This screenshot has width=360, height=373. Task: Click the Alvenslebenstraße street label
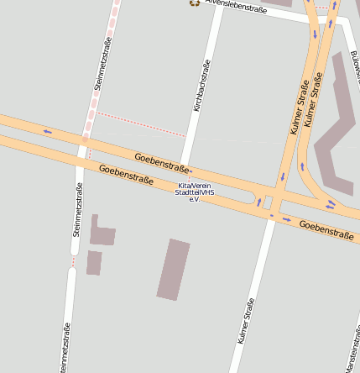tap(236, 9)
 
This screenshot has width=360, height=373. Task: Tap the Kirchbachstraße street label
tap(202, 86)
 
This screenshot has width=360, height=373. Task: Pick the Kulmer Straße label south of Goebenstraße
tap(245, 322)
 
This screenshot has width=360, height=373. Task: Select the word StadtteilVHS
tap(195, 192)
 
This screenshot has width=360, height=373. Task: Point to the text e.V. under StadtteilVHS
tap(193, 199)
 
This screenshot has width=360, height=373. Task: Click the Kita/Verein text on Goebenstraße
tap(195, 186)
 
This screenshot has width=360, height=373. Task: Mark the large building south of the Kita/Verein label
tap(174, 270)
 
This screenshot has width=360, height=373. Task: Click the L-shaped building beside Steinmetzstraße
tap(102, 233)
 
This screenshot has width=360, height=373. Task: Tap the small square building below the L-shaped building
tap(94, 263)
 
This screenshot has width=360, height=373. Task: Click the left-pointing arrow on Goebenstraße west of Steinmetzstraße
tap(47, 130)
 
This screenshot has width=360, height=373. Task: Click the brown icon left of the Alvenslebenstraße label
tap(195, 3)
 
